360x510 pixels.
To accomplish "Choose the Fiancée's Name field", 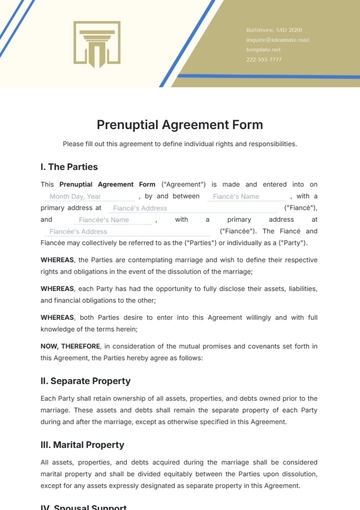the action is point(105,219).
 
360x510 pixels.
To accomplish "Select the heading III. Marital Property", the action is point(88,442).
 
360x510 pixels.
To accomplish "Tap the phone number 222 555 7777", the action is point(264,59).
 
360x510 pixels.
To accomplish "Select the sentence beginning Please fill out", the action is point(180,144).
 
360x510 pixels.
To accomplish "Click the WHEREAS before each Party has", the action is point(58,288).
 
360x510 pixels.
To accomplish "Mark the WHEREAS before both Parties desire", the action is point(58,317).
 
